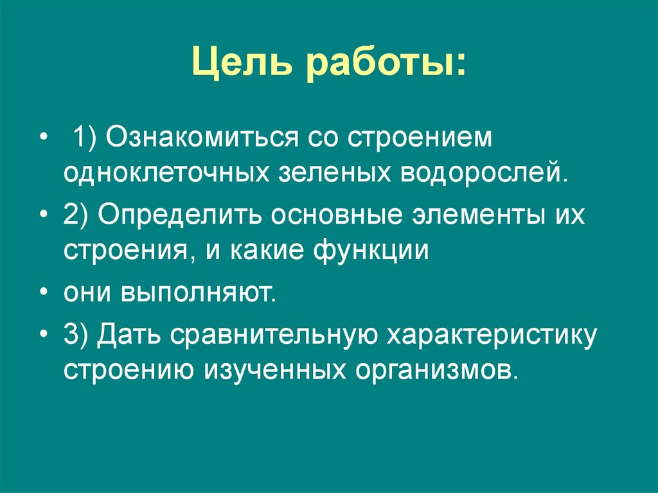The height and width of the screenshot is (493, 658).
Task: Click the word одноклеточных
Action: click(165, 172)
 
